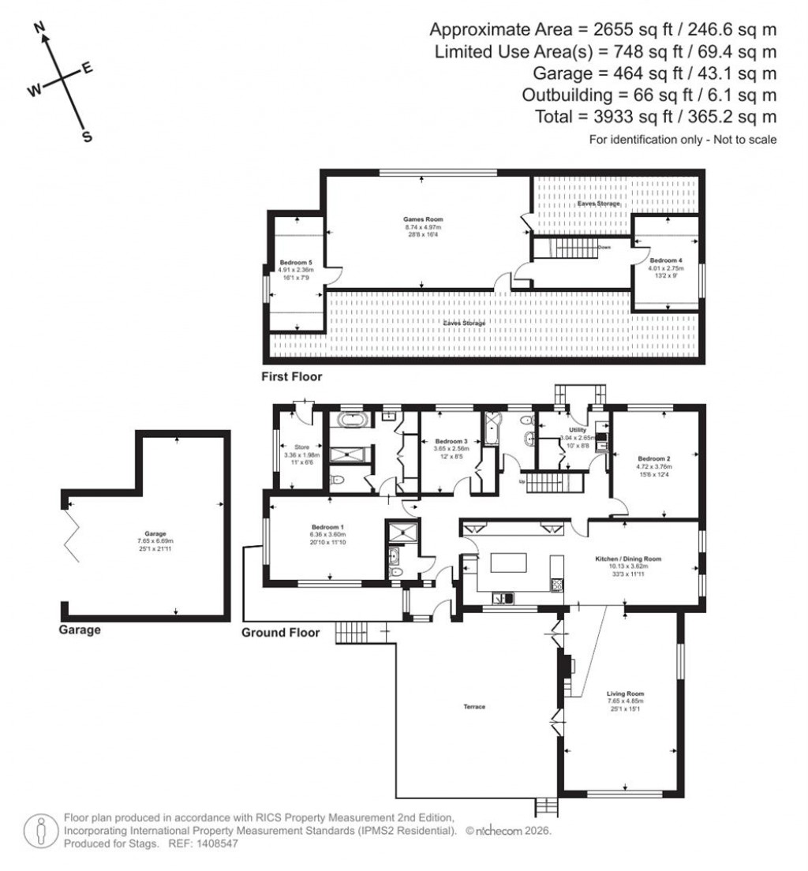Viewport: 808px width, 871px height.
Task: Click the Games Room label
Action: [424, 219]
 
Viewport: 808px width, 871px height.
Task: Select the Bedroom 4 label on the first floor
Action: [665, 260]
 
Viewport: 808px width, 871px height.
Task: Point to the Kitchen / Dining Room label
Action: [628, 558]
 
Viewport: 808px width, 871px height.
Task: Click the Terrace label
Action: [474, 706]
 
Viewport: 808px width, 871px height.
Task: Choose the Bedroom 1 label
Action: [327, 526]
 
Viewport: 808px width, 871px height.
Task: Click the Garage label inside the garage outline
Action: [145, 533]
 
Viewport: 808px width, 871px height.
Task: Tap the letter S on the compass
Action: [88, 137]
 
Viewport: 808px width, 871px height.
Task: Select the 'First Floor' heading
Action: [292, 377]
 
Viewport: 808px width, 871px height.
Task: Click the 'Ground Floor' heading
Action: [280, 632]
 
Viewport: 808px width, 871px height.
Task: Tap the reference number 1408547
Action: [213, 843]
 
